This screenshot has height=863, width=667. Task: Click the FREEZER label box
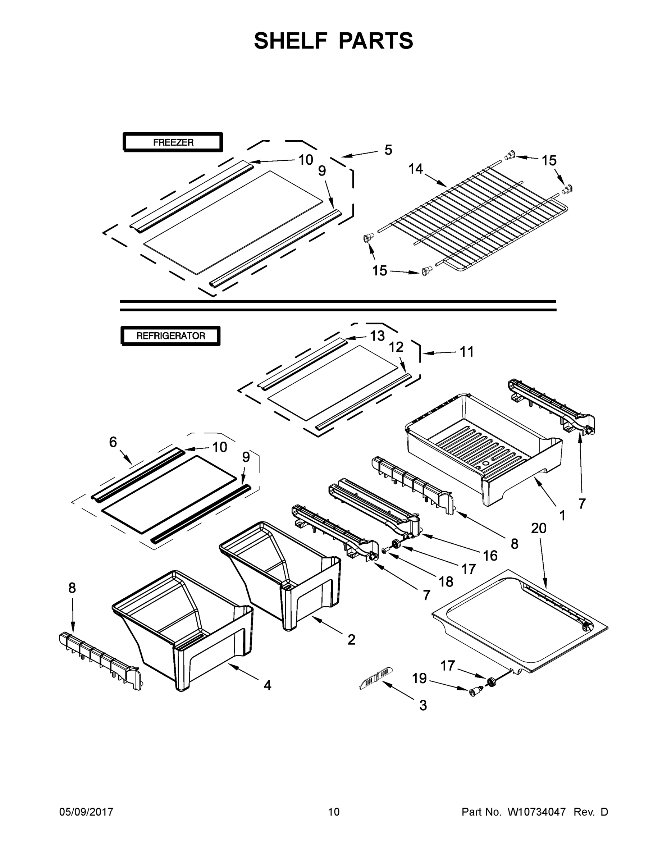tap(173, 142)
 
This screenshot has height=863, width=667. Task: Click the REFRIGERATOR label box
tap(170, 336)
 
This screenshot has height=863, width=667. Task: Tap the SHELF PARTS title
tap(334, 41)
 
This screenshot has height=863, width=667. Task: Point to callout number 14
tap(415, 169)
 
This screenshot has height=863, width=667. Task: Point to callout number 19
tap(419, 678)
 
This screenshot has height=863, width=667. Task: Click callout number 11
tap(467, 351)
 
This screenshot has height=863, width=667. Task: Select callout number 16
tap(490, 556)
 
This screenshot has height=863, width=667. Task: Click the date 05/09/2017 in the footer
tap(86, 812)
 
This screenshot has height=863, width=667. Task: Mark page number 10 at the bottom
tap(334, 812)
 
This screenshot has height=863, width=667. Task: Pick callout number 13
tap(377, 336)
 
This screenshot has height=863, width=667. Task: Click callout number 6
tap(113, 442)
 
